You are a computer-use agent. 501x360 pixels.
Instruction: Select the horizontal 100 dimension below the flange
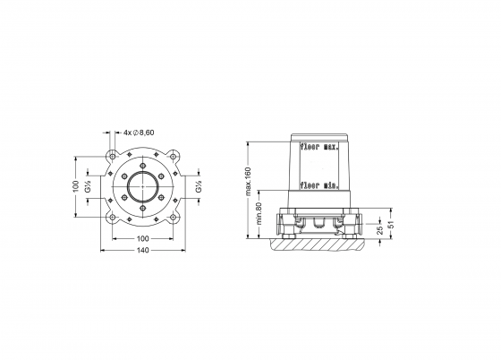point(141,239)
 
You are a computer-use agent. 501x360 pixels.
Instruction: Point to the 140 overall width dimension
point(141,253)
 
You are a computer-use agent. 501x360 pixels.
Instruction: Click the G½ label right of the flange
point(196,190)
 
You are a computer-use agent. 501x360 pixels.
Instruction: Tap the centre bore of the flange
point(141,190)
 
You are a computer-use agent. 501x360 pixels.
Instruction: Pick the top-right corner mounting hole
point(172,159)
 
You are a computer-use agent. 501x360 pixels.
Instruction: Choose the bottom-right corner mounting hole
point(172,220)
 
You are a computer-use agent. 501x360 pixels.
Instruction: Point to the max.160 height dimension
point(248,184)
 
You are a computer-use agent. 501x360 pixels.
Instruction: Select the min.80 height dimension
point(260,216)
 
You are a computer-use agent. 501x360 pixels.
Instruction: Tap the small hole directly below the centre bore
point(141,216)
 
